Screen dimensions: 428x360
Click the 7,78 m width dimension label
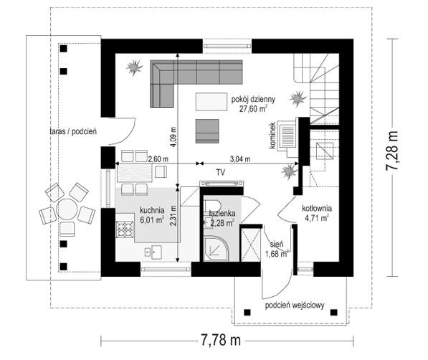(221, 341)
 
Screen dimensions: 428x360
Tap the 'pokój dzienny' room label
(253, 99)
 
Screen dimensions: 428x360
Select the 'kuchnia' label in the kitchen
(152, 210)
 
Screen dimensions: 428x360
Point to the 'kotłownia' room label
(317, 209)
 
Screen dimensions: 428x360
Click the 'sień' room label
(277, 245)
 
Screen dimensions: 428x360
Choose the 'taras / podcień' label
(73, 131)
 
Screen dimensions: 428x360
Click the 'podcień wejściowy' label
(295, 305)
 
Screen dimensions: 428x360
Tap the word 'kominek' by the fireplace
(272, 136)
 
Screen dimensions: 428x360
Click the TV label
(221, 172)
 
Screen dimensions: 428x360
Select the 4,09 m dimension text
(173, 137)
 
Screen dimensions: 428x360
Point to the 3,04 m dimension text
(240, 158)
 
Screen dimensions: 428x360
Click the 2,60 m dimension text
(158, 158)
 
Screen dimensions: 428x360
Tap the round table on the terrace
(67, 209)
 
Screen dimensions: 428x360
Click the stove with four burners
(125, 229)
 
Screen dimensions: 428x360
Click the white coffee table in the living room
(211, 102)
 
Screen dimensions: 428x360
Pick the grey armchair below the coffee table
(207, 131)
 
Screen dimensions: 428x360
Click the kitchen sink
(153, 252)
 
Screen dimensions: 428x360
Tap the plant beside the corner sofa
(134, 67)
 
